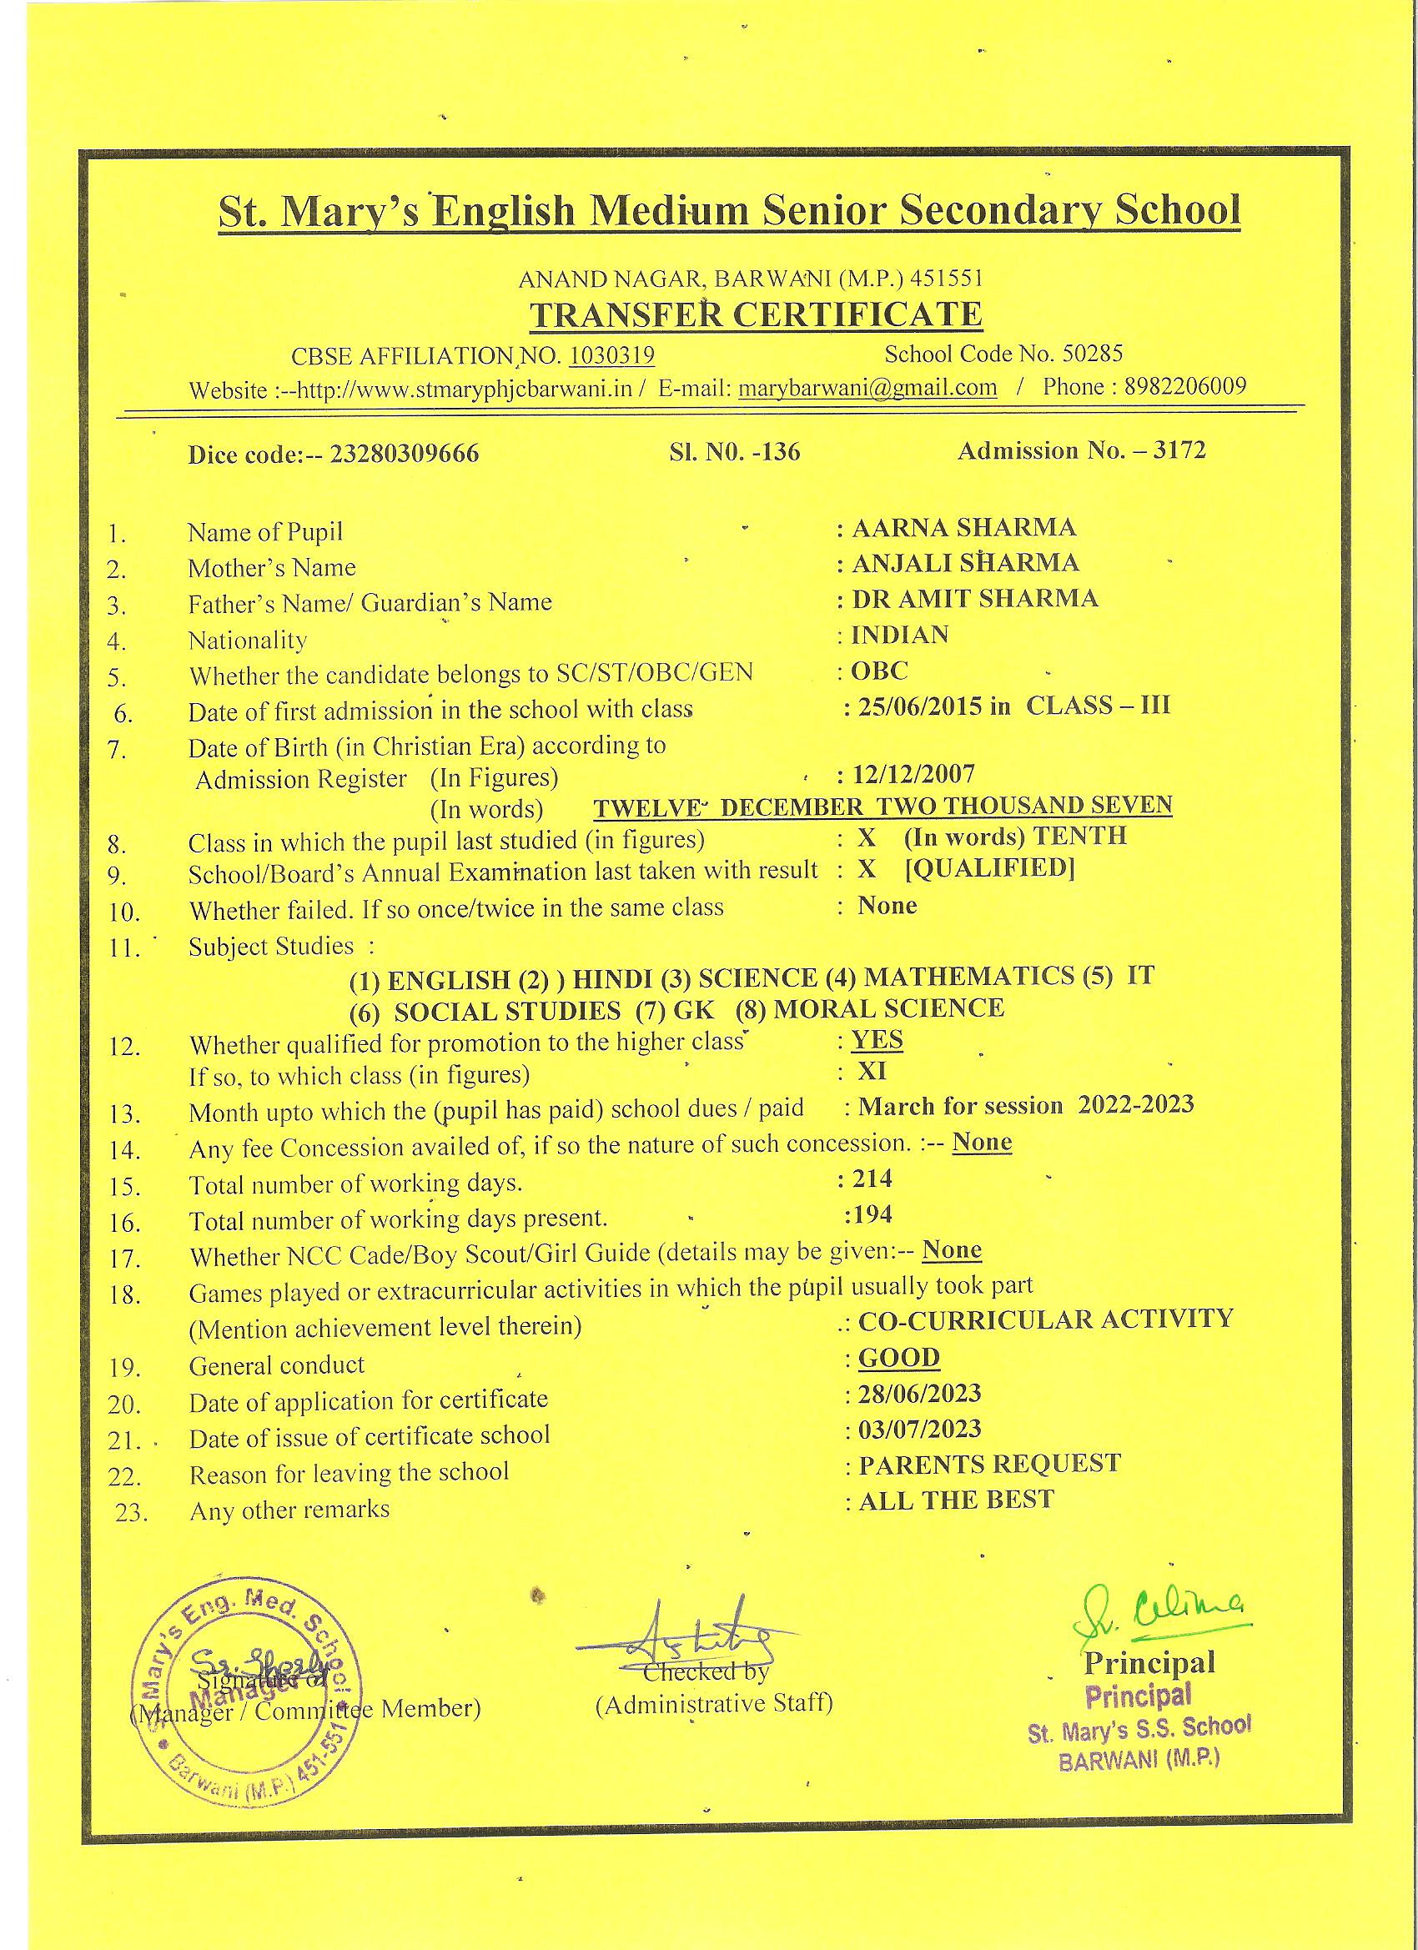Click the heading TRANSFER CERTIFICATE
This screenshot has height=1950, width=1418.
(x=755, y=314)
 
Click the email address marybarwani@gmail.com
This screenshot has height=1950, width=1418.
(x=868, y=388)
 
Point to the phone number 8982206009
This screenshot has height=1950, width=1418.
(x=1185, y=386)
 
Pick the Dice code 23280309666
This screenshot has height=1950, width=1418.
(x=405, y=453)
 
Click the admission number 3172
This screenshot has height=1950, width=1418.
(x=1179, y=450)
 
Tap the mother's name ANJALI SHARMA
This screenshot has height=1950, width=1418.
(x=965, y=562)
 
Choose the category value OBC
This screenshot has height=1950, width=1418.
(x=879, y=671)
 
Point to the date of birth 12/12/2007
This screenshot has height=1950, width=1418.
(x=913, y=774)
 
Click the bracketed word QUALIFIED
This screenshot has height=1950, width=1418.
(x=990, y=868)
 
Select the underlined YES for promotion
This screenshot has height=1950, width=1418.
(x=877, y=1040)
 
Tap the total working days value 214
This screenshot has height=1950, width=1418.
(x=872, y=1178)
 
